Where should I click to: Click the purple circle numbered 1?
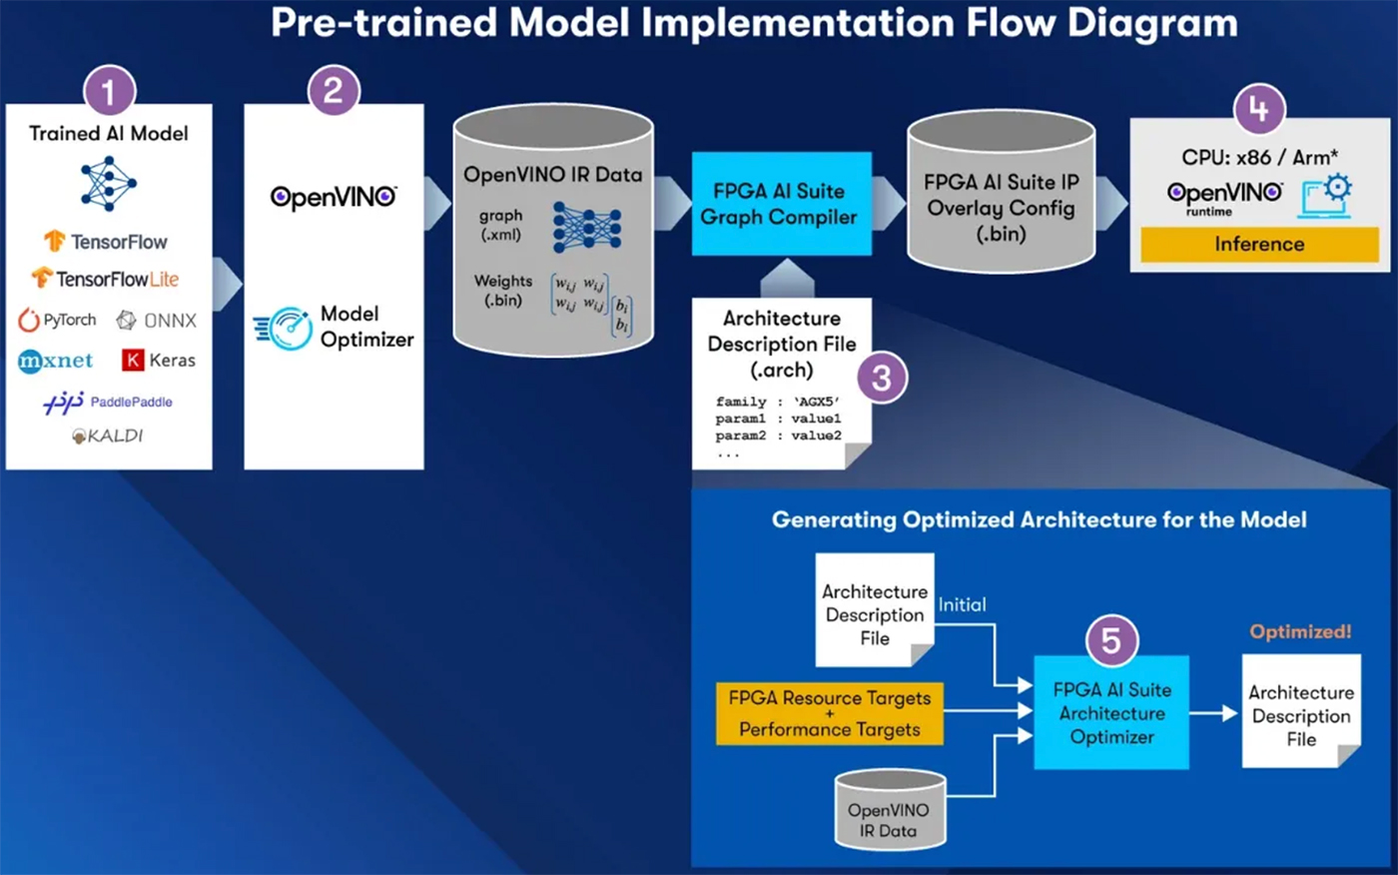[x=109, y=94]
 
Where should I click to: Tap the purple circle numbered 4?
[x=1258, y=108]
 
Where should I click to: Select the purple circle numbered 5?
[x=1110, y=640]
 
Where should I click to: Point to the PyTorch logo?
[x=58, y=320]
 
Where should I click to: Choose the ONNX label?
[x=158, y=321]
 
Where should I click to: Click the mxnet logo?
[x=55, y=361]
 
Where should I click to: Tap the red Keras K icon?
[x=133, y=361]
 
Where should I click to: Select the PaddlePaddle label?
[x=131, y=402]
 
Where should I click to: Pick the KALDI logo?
[x=108, y=436]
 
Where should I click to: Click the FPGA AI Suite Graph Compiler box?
[x=781, y=204]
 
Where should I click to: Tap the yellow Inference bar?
[x=1259, y=244]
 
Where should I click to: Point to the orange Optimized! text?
[x=1300, y=631]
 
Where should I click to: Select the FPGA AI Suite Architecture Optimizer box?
[x=1111, y=713]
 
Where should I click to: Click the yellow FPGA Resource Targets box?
[x=830, y=713]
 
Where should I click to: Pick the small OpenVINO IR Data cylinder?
[x=889, y=810]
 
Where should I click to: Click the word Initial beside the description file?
[x=962, y=604]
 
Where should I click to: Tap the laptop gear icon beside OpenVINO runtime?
[x=1326, y=195]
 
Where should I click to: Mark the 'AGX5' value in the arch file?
[x=817, y=402]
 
